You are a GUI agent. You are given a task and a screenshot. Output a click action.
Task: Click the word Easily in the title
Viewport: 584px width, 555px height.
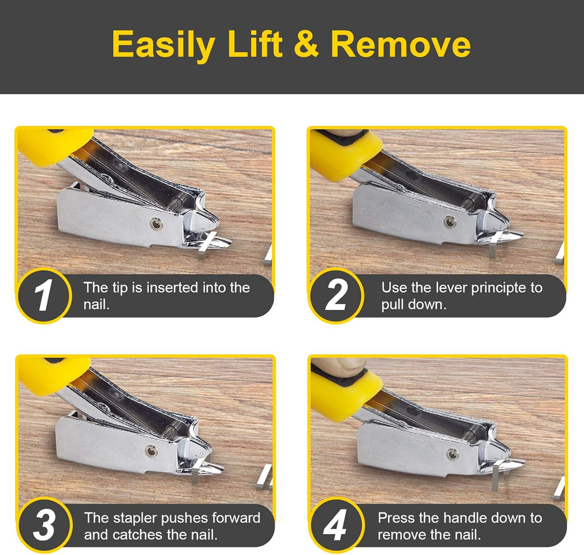pos(162,45)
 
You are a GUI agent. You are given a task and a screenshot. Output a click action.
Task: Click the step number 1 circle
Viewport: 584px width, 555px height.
pos(43,296)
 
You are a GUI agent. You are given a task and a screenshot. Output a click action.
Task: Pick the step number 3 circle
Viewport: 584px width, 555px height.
pos(43,525)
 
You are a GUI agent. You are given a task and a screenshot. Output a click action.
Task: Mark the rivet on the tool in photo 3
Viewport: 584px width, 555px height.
pos(152,450)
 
